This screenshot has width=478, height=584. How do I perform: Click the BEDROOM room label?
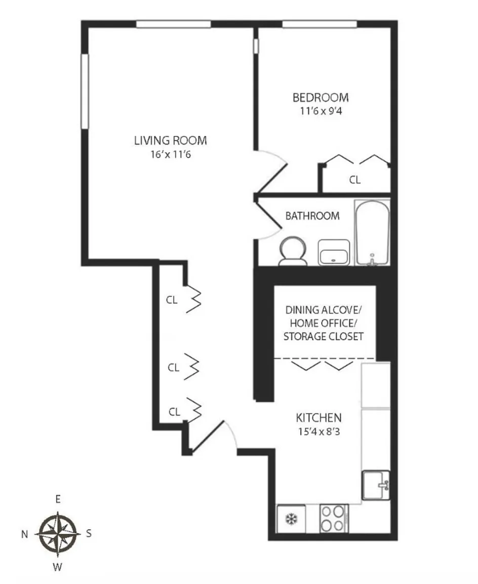pos(321,97)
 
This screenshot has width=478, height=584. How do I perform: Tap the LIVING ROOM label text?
pos(170,140)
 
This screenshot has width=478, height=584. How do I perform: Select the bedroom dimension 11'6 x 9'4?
pos(321,111)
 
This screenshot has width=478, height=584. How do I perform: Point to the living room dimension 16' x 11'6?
pos(170,154)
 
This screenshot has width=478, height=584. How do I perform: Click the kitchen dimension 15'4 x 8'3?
pos(319,432)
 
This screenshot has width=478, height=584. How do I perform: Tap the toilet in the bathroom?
pos(293,251)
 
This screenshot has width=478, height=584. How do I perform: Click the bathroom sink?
pos(334,252)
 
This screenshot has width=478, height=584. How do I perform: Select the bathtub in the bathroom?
pos(372,233)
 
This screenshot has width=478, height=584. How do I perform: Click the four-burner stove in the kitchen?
pos(334,518)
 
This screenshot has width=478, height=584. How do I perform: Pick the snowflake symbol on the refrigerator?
pos(291,519)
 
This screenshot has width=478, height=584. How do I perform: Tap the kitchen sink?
pos(376,485)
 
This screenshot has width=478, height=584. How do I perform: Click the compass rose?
pos(58,533)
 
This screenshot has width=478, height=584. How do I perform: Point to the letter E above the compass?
pos(58,499)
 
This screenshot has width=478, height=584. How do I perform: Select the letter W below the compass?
pos(57,567)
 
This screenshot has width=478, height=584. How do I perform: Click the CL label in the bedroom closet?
pos(355,180)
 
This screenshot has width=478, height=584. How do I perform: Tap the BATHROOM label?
pos(312,215)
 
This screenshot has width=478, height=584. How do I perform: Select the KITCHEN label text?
pos(319,418)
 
